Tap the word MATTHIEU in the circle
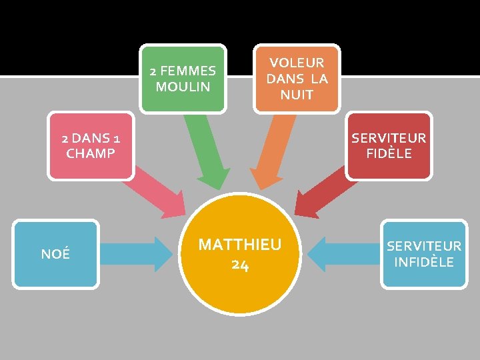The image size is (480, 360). click(240, 245)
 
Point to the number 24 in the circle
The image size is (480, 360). click(240, 265)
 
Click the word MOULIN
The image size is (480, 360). click(183, 87)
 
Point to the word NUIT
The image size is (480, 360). click(297, 95)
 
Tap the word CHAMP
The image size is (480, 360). click(91, 153)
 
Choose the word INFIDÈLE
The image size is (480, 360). click(424, 262)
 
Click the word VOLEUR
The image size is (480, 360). click(297, 63)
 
